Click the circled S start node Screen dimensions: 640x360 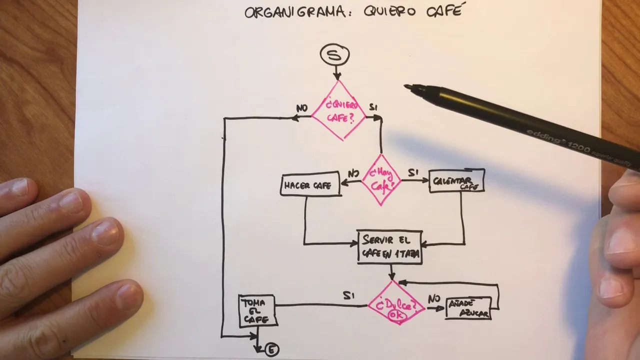tap(335, 55)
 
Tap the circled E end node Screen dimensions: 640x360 tap(271, 349)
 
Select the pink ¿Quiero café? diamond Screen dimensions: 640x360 tap(339, 111)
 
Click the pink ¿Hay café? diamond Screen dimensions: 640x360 tap(381, 179)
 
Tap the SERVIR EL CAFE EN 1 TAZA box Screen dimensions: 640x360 tap(390, 247)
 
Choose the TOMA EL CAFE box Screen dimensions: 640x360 tap(257, 311)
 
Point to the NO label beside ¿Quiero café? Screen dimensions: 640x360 tap(301, 108)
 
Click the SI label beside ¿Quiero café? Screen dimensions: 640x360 tap(373, 107)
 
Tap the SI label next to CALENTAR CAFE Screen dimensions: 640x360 tap(413, 173)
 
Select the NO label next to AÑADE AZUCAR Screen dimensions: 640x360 tap(433, 299)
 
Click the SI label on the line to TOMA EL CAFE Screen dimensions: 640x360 tap(348, 296)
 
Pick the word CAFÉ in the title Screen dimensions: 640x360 tap(443, 11)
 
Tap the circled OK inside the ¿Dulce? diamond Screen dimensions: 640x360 tap(397, 315)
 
